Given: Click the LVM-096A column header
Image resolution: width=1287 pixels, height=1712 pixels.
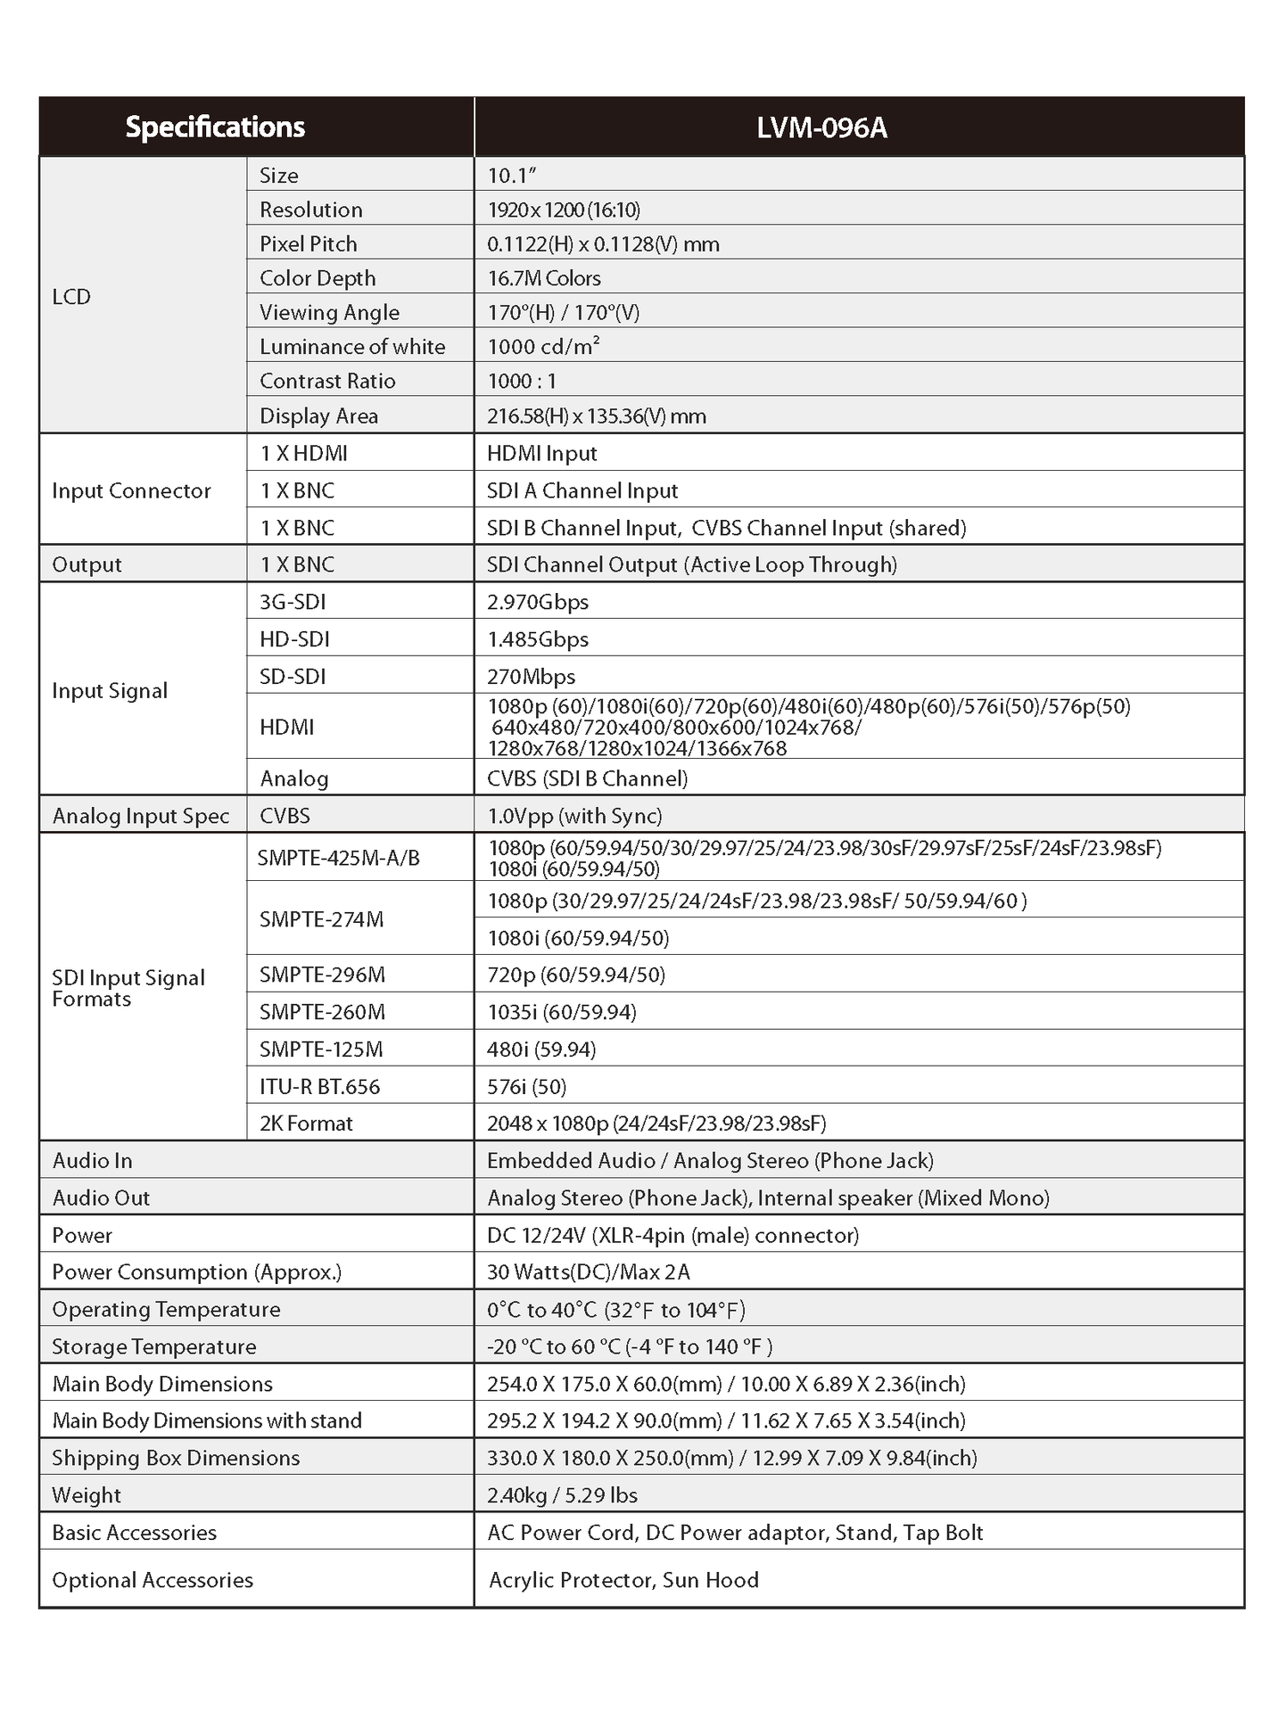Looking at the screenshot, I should coord(821,128).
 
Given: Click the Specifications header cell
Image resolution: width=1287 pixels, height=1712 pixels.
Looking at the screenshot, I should coord(215,128).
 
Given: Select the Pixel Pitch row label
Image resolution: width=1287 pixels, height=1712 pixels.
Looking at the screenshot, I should coord(308,243).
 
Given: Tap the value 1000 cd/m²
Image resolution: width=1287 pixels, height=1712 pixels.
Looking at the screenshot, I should coord(543,346).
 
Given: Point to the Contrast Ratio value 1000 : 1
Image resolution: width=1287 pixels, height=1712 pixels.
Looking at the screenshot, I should coord(522,381).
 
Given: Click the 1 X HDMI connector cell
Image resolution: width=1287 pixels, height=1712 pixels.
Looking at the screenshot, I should coord(303,453).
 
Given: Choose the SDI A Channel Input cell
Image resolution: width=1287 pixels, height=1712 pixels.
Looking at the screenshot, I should coord(582,490).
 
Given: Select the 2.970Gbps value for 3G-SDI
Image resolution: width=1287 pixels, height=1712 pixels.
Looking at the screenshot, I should coord(538,602).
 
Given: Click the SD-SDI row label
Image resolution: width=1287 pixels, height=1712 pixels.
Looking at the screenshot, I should coord(293,677).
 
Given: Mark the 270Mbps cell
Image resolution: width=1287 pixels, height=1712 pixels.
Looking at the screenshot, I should coord(532,677).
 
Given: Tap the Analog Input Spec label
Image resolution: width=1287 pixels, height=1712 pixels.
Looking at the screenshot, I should coord(141,816).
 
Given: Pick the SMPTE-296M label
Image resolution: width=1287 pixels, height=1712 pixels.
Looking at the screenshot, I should coord(322,975).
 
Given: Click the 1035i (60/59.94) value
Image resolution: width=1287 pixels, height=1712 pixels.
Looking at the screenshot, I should coord(562,1012).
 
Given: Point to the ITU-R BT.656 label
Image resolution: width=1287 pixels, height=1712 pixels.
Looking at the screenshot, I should coord(319,1086).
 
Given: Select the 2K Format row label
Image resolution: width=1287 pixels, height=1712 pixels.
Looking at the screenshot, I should coord(306,1123).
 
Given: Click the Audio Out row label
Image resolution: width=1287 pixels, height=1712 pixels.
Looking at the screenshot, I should coord(101,1198).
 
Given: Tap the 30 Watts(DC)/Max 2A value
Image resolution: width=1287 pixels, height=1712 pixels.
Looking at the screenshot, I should coord(589,1272).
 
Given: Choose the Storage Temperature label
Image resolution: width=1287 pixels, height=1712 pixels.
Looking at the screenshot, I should coord(154,1346).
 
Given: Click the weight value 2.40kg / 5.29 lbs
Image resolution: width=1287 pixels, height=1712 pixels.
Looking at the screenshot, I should coord(562,1495).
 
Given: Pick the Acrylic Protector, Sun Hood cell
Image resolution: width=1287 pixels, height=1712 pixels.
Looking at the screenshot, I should coord(623,1580).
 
